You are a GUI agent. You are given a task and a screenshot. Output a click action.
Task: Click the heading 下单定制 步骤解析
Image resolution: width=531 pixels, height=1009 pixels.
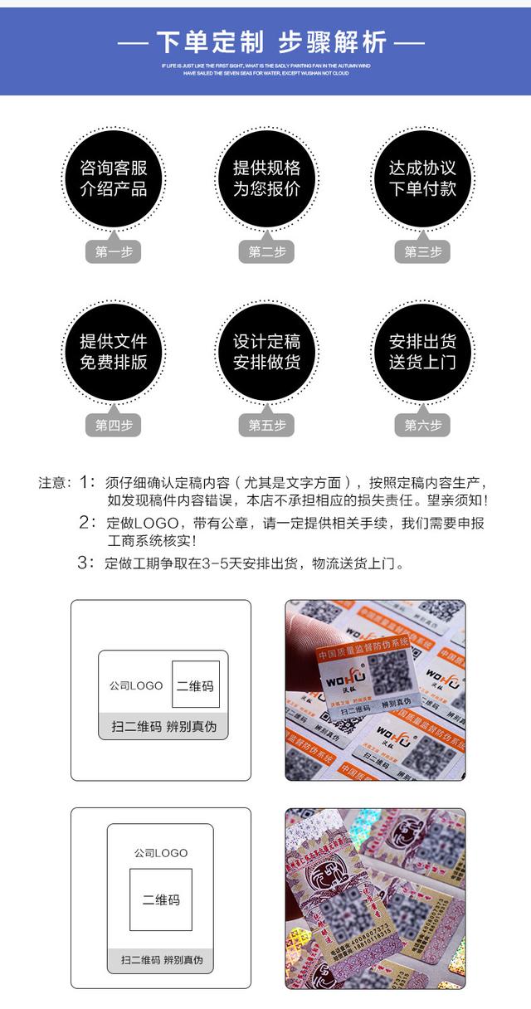tap(265, 41)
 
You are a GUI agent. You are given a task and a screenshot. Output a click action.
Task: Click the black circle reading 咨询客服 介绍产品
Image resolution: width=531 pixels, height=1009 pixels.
tap(113, 178)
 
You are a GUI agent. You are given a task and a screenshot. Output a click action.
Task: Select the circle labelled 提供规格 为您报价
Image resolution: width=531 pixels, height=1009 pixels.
tap(265, 178)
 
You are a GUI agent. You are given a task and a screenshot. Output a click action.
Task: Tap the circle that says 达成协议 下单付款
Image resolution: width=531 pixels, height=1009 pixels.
tap(422, 178)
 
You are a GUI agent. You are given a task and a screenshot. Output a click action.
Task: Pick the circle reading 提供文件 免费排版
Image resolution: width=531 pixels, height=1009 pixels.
tap(113, 352)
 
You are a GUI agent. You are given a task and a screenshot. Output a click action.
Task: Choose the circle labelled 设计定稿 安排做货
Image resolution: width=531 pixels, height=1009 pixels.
tap(265, 352)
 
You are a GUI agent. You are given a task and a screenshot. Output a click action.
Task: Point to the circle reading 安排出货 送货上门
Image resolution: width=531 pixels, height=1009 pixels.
tap(422, 352)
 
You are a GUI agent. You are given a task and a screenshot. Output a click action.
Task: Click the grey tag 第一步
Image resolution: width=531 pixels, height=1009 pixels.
tap(113, 252)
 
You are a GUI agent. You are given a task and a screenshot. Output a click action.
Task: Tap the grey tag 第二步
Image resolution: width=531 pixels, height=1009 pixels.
tap(265, 252)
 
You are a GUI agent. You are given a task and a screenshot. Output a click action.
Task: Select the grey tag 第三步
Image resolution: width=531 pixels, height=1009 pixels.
tap(422, 252)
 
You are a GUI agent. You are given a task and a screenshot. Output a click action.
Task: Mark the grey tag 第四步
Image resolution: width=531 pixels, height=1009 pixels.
tap(113, 426)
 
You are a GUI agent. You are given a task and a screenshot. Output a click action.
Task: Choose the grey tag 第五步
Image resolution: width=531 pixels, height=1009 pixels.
tap(265, 426)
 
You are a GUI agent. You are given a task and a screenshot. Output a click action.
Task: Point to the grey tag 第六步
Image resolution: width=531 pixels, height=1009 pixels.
tap(422, 426)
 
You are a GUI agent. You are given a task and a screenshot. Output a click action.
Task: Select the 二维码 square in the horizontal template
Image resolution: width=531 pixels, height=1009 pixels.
tap(196, 686)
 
